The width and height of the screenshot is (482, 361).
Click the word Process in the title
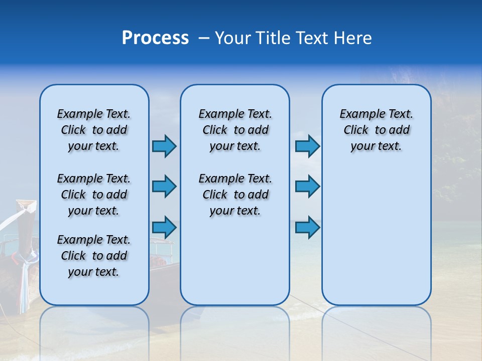point(155,38)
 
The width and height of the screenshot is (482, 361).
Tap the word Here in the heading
point(353,38)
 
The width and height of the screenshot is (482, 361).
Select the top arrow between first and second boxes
point(164,146)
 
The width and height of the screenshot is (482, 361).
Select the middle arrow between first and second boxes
point(164,187)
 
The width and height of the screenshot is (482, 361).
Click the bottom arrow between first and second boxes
point(164,227)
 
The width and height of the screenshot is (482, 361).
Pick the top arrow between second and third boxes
point(307,146)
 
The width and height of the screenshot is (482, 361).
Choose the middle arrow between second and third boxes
point(307,187)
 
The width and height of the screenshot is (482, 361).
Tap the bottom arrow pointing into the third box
point(307,227)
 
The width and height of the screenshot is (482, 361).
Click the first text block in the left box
point(94,130)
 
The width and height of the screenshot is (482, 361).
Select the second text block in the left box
point(94,195)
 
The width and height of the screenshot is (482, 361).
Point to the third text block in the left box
point(94,256)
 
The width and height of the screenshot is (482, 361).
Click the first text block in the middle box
point(235,130)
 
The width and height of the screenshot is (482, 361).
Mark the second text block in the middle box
point(235,195)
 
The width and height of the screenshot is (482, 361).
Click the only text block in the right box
point(376,130)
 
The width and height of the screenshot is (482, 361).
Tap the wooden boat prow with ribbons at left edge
point(23,236)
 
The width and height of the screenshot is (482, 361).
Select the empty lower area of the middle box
point(235,261)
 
